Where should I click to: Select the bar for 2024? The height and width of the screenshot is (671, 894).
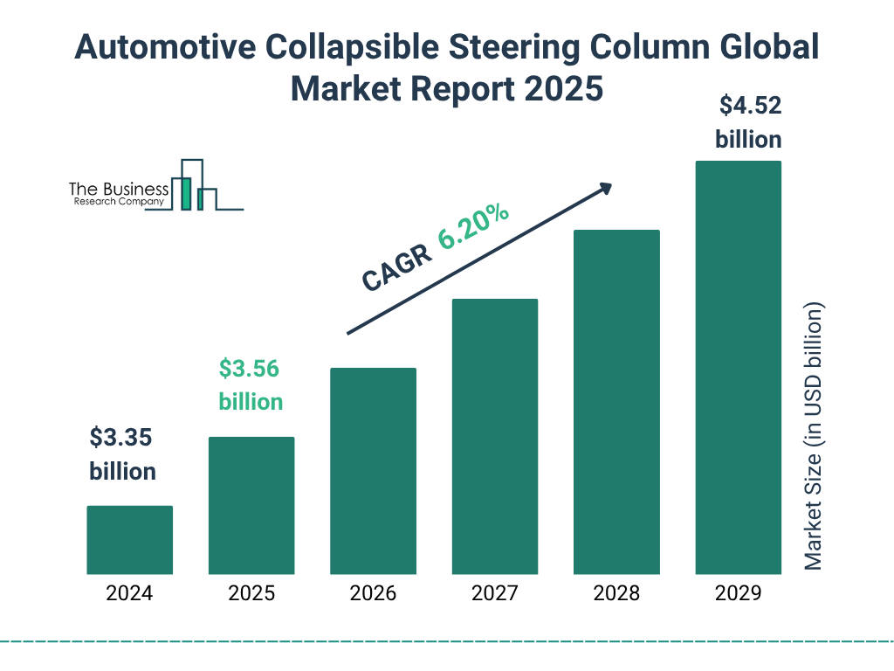tap(129, 540)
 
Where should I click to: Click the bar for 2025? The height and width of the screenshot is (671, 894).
tap(251, 505)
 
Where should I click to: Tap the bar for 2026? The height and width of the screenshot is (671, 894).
tap(373, 471)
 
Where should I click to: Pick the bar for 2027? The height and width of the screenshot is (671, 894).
tap(494, 436)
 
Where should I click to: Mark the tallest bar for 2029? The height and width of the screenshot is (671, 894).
tap(738, 367)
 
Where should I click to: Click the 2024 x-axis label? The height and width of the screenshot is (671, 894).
tap(129, 594)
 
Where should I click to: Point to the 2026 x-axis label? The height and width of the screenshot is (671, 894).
tap(373, 594)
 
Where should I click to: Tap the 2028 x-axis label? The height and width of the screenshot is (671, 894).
tap(616, 594)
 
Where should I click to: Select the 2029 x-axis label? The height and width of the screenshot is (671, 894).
tap(738, 594)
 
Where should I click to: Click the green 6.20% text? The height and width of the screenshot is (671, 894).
tap(474, 227)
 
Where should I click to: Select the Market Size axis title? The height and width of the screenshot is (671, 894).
tap(814, 437)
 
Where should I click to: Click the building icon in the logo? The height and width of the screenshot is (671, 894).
tap(194, 186)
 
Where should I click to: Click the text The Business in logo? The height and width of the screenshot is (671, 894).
tap(119, 190)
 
